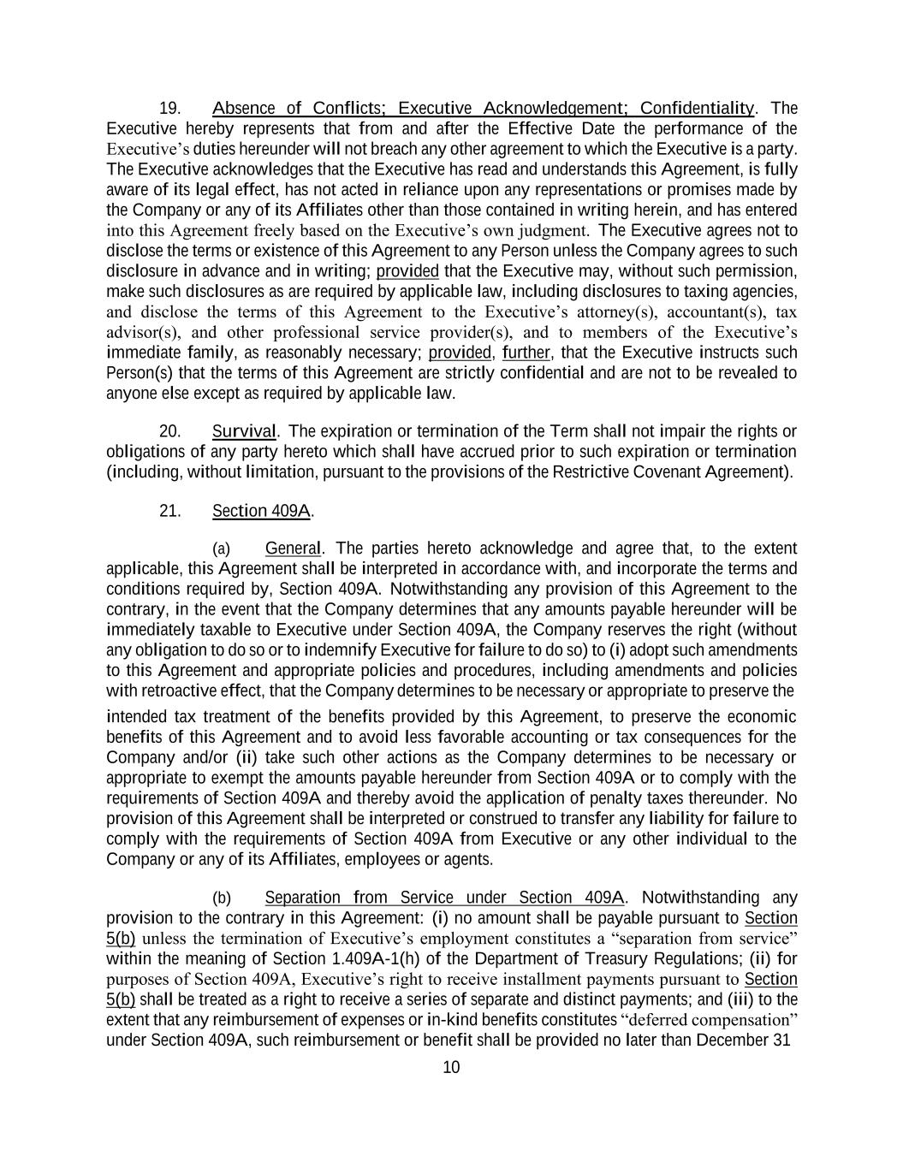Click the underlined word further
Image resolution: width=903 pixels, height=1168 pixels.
[x=526, y=353]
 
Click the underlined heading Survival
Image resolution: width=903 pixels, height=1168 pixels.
[x=244, y=431]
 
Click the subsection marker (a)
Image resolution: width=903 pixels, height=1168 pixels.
[x=221, y=548]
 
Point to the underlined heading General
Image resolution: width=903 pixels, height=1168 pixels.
[x=293, y=548]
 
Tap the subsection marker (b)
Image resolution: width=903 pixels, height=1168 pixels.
[x=221, y=898]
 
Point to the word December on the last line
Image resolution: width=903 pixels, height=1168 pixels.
[x=728, y=1041]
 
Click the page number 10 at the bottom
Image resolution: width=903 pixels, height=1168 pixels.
[x=451, y=1067]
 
